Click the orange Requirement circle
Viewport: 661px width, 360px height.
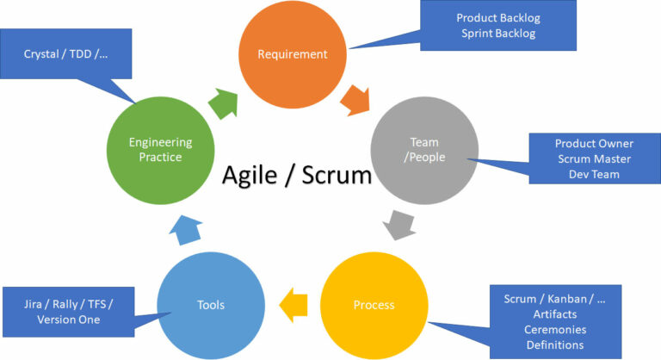293,54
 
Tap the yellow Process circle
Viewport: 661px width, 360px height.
374,304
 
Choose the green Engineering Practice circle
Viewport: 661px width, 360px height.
160,149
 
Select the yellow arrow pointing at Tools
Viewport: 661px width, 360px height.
293,302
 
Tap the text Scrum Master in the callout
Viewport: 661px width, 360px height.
593,158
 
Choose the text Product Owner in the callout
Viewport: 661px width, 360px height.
593,143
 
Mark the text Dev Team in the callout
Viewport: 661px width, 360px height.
593,174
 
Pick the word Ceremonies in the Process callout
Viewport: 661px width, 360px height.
555,330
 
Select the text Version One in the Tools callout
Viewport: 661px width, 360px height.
68,320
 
